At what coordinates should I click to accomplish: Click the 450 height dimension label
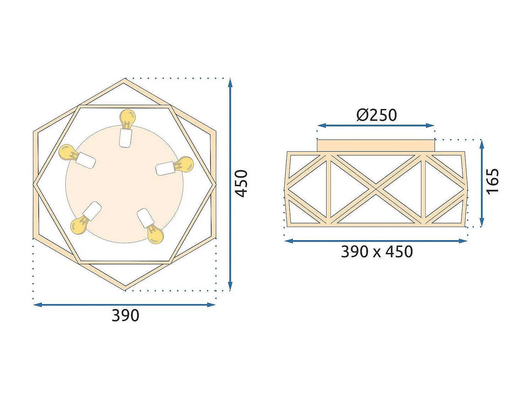tap(241, 183)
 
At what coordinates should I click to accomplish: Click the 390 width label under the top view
tap(125, 315)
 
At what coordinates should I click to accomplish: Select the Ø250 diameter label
tap(377, 115)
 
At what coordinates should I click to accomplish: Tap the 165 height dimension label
tap(493, 181)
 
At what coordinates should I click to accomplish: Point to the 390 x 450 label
tap(377, 251)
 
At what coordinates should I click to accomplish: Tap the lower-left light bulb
tap(79, 225)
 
